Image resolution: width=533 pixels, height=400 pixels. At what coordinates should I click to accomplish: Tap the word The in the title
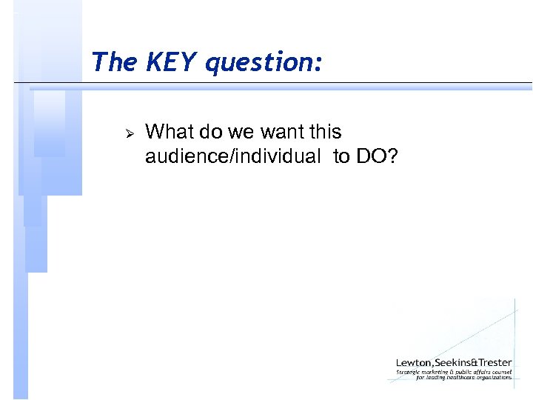pos(114,61)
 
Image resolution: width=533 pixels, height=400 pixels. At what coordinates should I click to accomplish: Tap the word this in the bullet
pos(325,132)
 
